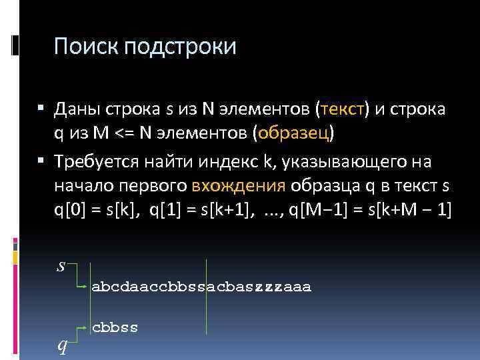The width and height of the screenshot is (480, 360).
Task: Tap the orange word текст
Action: click(343, 109)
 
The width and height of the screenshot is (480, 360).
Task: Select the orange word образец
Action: click(293, 133)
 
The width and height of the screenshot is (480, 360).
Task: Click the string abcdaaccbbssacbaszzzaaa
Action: click(201, 287)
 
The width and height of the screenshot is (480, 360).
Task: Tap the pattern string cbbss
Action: click(115, 328)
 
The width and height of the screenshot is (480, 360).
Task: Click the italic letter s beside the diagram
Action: click(61, 266)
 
